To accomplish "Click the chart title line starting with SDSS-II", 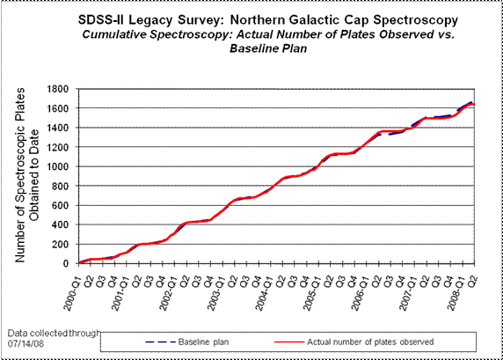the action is pos(268,20).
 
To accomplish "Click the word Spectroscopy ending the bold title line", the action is pos(416,20).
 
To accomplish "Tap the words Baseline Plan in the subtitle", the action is pos(268,48).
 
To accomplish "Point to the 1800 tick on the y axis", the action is pos(58,89).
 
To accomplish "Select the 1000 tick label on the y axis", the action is pos(58,166).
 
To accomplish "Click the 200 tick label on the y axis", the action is pos(61,245).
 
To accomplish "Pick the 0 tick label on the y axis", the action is pos(66,264).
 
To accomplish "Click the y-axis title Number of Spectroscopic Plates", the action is pos(20,175).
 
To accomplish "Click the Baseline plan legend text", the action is pos(203,342).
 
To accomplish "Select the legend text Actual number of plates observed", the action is pos(370,342).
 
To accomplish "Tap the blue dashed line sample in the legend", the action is pos(160,342).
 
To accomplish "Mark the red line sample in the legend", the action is pos(289,342).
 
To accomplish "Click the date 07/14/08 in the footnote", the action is pos(26,343).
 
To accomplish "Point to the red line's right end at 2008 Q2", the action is pos(474,105).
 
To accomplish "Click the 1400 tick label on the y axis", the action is pos(58,128).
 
